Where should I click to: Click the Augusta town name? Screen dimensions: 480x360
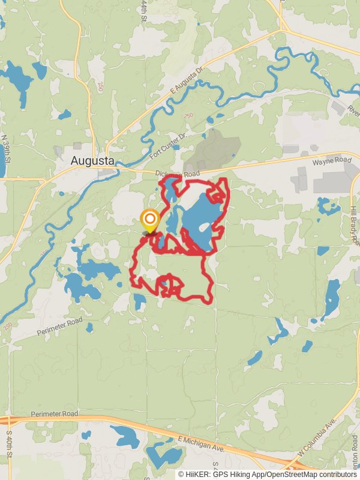pyautogui.click(x=92, y=160)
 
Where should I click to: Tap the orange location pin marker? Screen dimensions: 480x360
pyautogui.click(x=149, y=220)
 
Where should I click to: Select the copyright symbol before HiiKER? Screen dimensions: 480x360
pyautogui.click(x=181, y=474)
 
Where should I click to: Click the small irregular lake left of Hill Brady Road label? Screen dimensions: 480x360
pyautogui.click(x=328, y=206)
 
